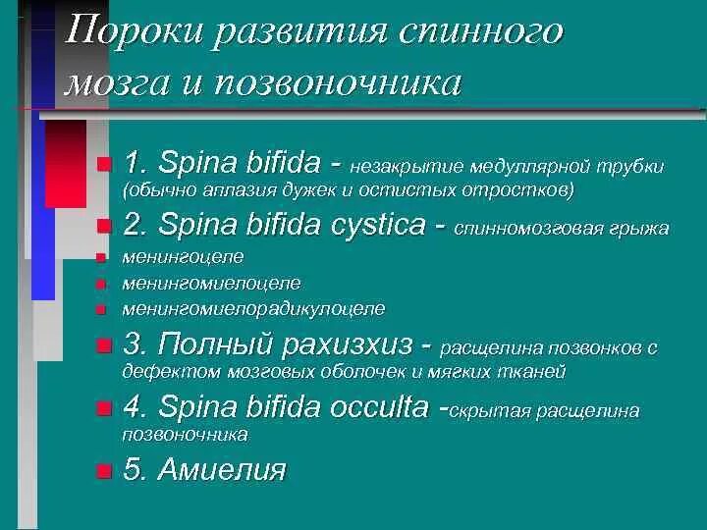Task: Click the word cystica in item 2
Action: (x=373, y=226)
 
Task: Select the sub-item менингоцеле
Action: (x=183, y=258)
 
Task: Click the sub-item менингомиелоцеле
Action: (x=211, y=284)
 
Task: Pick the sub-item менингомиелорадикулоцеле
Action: (x=253, y=309)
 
